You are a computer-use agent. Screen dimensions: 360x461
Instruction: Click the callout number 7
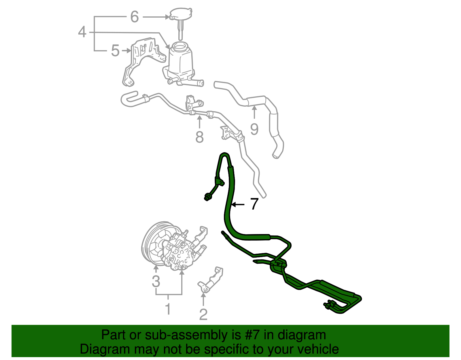[254, 204]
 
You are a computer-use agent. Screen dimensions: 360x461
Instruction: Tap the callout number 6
[135, 17]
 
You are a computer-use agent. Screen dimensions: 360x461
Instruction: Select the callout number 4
[82, 32]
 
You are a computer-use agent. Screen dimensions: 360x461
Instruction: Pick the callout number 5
[115, 51]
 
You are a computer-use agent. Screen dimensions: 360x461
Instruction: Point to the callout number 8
[199, 137]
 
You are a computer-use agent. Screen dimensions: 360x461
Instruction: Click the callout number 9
[254, 129]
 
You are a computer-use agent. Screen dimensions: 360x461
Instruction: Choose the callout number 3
[156, 281]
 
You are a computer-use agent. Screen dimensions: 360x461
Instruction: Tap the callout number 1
[168, 309]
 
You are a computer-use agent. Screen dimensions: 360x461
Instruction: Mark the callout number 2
[203, 314]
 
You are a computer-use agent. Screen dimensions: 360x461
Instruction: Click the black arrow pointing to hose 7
[238, 204]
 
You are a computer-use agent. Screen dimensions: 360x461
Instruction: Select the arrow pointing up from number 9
[254, 112]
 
